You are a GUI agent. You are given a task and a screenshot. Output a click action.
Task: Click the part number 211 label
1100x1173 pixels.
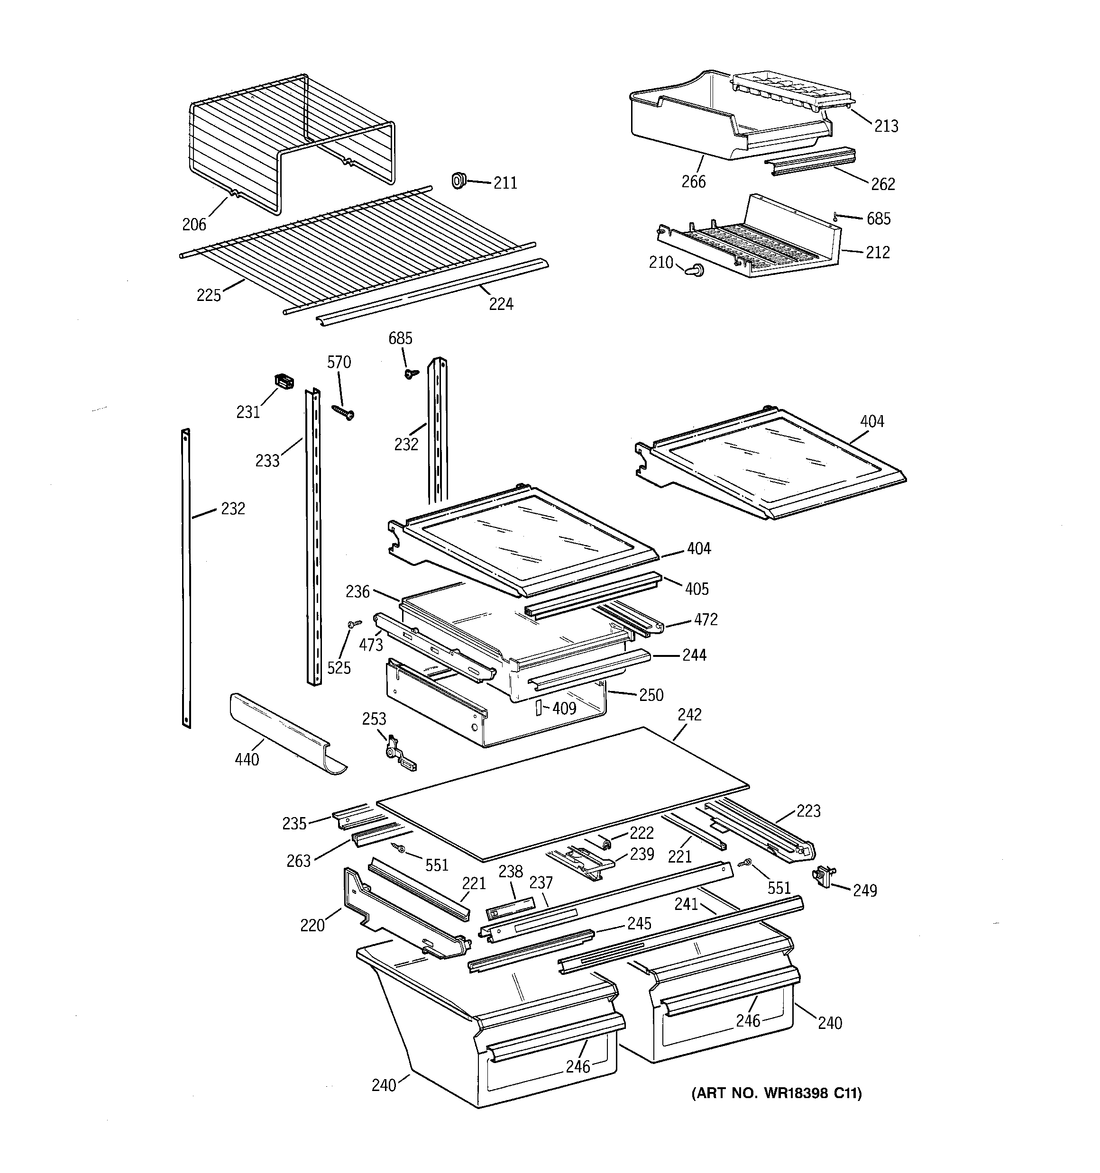505,183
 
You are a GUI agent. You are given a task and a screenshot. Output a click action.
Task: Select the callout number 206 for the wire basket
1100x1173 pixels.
194,224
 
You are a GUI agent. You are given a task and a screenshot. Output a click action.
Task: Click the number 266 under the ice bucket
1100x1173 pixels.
693,182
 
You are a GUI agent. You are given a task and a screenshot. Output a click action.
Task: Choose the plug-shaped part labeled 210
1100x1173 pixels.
694,270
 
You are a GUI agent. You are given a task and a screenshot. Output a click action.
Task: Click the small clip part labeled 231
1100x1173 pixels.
284,382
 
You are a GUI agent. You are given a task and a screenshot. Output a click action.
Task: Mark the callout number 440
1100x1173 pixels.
247,759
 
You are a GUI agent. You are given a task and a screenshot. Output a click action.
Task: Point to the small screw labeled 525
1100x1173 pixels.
354,624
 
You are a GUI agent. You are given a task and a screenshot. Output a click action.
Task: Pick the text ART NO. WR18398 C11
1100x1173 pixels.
777,1093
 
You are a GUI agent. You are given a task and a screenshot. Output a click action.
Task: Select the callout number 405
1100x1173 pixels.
697,588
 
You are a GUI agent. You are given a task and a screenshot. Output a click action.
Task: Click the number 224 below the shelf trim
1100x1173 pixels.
501,304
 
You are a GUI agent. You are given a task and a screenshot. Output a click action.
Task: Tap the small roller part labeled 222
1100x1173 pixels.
604,842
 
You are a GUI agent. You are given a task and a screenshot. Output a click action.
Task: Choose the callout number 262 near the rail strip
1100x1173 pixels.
883,184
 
